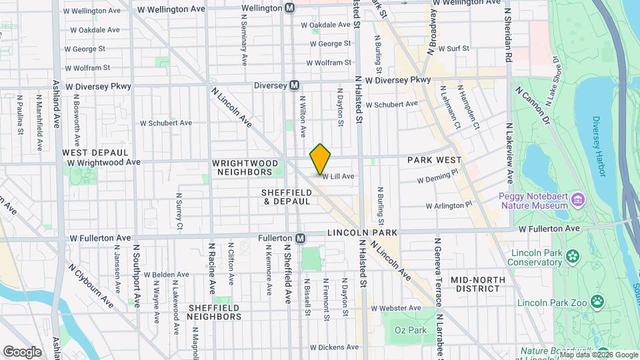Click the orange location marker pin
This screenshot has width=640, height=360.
point(321,158)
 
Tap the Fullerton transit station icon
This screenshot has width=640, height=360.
point(301,238)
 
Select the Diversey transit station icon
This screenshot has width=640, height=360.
point(294,86)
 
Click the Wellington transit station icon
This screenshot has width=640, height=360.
point(289,8)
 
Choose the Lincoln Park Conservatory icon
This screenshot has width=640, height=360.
point(571,255)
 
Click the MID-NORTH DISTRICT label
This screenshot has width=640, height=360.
point(475,284)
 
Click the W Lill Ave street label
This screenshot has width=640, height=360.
point(339,176)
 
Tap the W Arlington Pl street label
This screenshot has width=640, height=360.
point(449,205)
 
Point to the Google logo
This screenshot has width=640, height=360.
point(22,351)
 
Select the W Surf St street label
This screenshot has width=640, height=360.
point(453,48)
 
